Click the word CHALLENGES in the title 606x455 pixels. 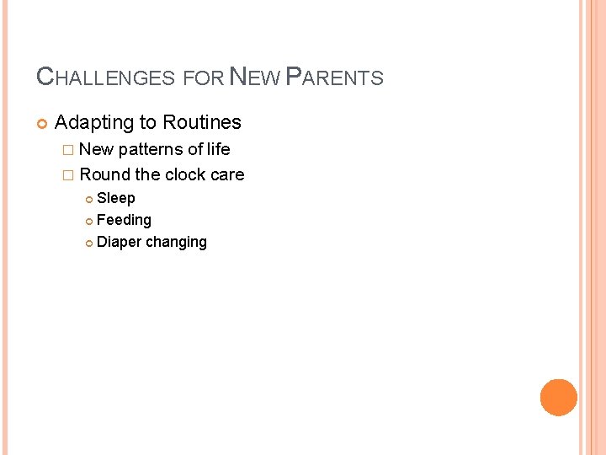(105, 78)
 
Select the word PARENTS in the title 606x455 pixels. (335, 78)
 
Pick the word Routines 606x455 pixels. (202, 122)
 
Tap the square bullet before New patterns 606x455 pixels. (68, 150)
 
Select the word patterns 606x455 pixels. (150, 149)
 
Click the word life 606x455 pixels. (219, 149)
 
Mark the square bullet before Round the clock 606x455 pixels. (68, 175)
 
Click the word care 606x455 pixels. (227, 174)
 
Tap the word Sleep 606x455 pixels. (116, 198)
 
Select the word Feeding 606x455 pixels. (124, 220)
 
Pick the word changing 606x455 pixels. (176, 243)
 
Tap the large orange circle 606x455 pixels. (558, 398)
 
